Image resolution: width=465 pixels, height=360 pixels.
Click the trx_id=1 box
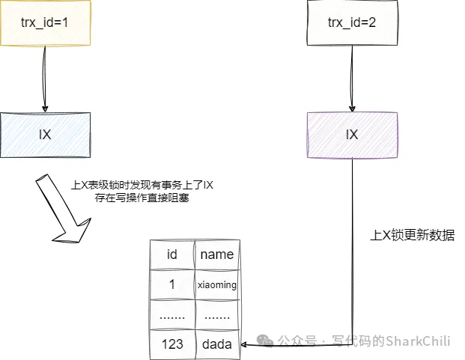tap(44, 22)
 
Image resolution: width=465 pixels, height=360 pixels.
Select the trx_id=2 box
tap(351, 22)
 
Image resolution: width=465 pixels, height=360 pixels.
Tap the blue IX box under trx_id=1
tap(44, 135)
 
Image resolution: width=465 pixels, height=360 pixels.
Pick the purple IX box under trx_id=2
tap(351, 135)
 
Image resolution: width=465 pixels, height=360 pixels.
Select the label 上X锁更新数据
tap(413, 235)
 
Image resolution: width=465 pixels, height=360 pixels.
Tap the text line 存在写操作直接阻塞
tap(142, 199)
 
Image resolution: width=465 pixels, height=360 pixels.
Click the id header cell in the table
tap(171, 254)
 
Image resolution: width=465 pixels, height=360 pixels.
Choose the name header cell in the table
tap(216, 254)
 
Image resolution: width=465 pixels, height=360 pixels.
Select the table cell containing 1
tap(171, 284)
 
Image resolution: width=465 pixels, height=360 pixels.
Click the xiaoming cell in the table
tap(216, 284)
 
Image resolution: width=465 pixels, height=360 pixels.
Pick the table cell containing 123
tap(171, 344)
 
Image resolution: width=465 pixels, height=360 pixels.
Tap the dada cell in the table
tap(216, 344)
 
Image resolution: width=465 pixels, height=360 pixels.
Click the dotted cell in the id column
tap(171, 315)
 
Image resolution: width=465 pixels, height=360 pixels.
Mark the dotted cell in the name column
tap(216, 315)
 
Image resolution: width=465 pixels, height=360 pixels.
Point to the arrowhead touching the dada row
tap(247, 342)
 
